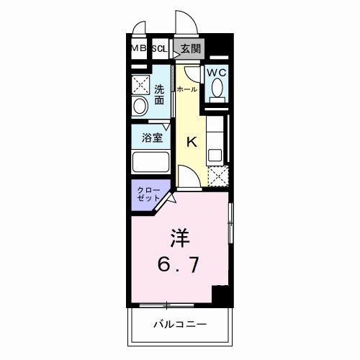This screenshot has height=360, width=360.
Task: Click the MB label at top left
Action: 138,49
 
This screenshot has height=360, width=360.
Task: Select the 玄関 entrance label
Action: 190,49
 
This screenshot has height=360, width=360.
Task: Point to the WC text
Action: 217,73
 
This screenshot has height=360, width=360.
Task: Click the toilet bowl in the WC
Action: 217,91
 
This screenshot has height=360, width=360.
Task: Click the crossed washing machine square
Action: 140,85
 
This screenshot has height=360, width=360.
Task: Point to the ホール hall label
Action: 186,90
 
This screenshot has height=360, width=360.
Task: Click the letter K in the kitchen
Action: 192,142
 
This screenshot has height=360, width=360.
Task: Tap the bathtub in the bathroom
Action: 150,161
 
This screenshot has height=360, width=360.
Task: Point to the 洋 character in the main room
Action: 179,236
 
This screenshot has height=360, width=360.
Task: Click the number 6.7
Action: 179,265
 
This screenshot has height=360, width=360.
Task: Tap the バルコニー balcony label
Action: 179,325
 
